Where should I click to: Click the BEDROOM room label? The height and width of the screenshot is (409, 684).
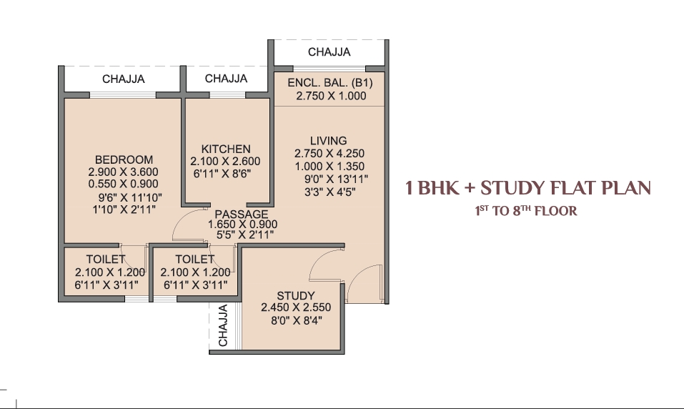pos(124,159)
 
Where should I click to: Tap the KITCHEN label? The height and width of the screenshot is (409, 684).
pos(226,149)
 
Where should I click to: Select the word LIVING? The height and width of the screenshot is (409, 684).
pos(329,141)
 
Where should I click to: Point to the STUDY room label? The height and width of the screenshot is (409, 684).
pos(296,295)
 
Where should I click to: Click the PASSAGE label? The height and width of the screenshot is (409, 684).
pos(242,215)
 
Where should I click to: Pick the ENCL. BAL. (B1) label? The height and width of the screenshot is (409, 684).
pos(330,83)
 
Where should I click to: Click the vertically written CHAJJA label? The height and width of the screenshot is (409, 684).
pos(223,325)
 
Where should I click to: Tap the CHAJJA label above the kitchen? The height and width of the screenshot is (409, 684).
pos(226,79)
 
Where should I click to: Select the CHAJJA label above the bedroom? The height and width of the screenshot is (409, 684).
pos(124,79)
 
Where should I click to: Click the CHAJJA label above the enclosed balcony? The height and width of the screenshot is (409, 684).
pos(329,52)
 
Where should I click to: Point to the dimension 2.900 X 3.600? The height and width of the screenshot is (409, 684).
pos(124,172)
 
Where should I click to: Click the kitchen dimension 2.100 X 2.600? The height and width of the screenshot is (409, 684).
pos(226,161)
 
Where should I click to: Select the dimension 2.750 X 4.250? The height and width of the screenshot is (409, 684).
pos(329,153)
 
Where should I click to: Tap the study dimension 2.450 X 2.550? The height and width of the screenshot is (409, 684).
pos(296,307)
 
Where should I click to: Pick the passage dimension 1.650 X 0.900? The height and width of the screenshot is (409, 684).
pos(242,225)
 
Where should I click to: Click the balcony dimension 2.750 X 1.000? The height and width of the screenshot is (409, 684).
pos(331,96)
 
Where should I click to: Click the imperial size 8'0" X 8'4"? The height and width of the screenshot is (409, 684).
pos(297,320)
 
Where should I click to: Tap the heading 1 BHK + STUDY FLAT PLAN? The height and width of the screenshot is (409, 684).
pos(528,188)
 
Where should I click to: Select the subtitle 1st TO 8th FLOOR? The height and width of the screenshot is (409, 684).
pos(526,211)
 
